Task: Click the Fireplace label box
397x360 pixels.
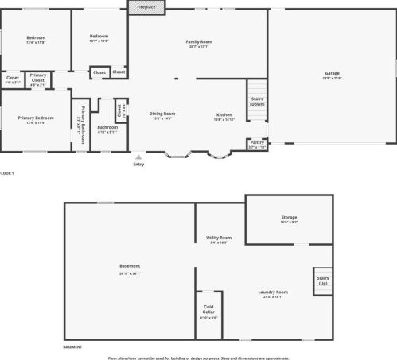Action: (x=147, y=6)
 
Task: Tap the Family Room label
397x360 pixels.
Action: (x=199, y=42)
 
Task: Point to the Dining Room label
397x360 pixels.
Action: (x=162, y=114)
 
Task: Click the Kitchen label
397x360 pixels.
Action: (x=224, y=114)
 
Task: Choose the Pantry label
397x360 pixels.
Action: (x=257, y=143)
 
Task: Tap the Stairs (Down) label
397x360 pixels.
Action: (x=257, y=101)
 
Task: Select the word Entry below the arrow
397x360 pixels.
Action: (x=139, y=165)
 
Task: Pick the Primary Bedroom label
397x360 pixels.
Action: (x=34, y=119)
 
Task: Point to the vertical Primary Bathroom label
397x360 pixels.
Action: (x=80, y=123)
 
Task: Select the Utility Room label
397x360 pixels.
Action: (x=219, y=238)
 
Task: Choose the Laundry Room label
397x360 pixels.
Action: (x=273, y=292)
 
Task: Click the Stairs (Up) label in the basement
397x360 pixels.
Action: (x=322, y=281)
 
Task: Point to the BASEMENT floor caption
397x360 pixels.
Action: (x=72, y=347)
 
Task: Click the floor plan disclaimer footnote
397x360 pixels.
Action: (x=198, y=358)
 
